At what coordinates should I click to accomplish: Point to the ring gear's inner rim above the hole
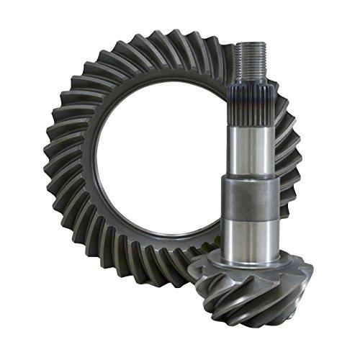click(155, 76)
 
